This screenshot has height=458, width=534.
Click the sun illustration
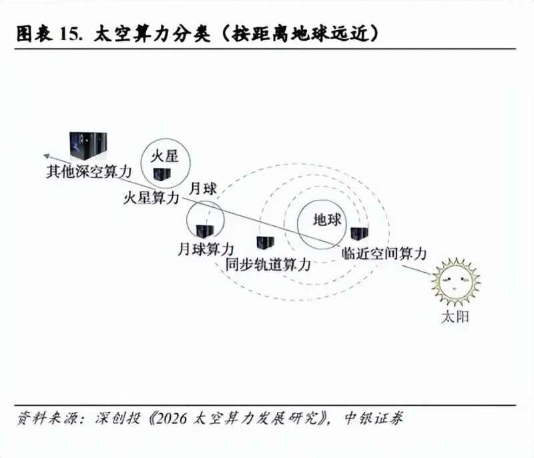tap(456, 282)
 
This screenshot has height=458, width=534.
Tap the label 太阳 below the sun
tap(455, 317)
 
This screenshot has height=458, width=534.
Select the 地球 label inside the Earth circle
tap(327, 219)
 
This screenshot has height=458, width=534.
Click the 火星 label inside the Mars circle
tap(165, 156)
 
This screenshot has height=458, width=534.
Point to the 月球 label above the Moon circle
tap(203, 189)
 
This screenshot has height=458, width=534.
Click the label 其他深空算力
tap(89, 172)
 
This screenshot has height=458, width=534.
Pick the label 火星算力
tap(152, 198)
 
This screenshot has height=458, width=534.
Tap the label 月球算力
tap(206, 250)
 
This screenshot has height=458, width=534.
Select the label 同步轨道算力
tap(268, 265)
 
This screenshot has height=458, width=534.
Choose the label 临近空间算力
tap(384, 253)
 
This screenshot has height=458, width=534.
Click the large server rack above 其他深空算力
tap(88, 146)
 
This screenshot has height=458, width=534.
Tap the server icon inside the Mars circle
tap(162, 174)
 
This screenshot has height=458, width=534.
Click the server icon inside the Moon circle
tap(205, 231)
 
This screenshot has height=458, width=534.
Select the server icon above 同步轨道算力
tap(265, 243)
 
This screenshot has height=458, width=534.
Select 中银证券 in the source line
tap(374, 418)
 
